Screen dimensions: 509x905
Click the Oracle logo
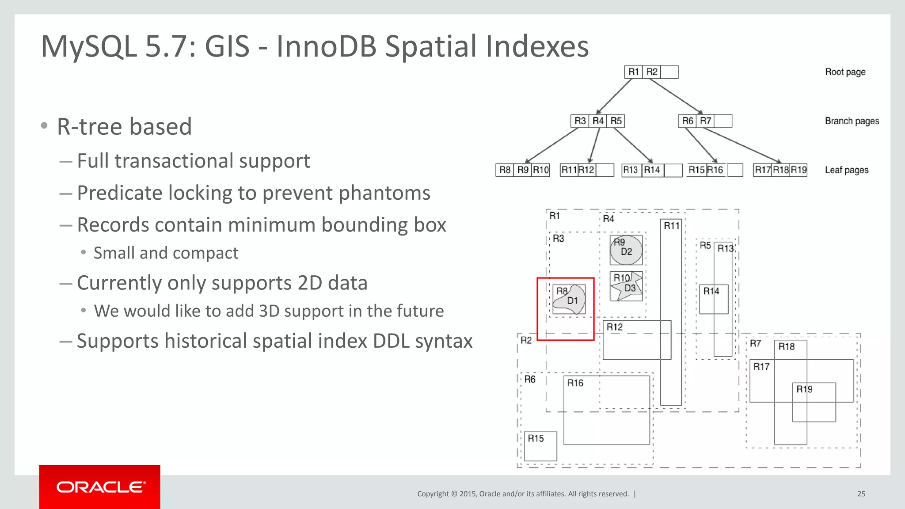pos(100,487)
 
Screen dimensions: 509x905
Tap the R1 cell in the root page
pos(633,72)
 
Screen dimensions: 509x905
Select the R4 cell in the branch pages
pos(597,121)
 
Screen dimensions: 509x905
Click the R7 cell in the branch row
pos(705,121)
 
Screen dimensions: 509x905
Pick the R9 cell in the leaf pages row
pos(523,170)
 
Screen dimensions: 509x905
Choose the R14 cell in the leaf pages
pos(652,170)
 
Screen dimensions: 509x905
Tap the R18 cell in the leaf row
pos(780,170)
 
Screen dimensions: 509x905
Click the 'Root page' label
pos(845,72)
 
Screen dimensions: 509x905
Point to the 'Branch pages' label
pos(852,121)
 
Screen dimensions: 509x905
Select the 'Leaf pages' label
pos(846,170)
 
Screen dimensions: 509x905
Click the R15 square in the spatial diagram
pos(540,446)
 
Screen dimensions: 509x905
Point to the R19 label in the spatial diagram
pos(804,389)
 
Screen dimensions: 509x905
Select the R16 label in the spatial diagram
pos(575,383)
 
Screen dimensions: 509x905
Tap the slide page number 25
pos(861,494)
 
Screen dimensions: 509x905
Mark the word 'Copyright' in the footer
pos(433,494)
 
